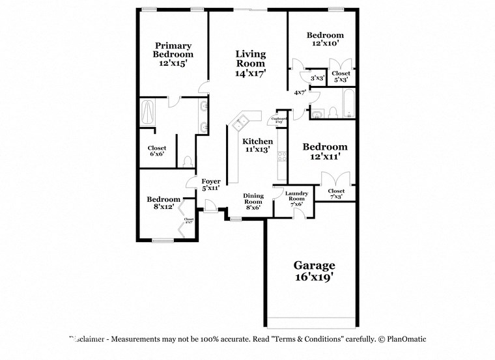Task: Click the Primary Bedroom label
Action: pyautogui.click(x=173, y=50)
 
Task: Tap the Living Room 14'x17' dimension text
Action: pyautogui.click(x=251, y=74)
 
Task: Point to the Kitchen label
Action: pyautogui.click(x=258, y=141)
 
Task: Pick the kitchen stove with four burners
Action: pyautogui.click(x=282, y=156)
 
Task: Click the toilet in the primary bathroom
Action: pyautogui.click(x=188, y=160)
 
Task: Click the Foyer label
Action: pyautogui.click(x=210, y=181)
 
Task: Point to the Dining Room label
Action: pyautogui.click(x=253, y=199)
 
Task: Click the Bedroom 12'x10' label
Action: pyautogui.click(x=325, y=38)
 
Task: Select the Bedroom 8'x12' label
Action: pyautogui.click(x=163, y=202)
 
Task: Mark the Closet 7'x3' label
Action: pyautogui.click(x=336, y=193)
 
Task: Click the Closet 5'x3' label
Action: pyautogui.click(x=341, y=77)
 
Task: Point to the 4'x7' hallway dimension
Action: pyautogui.click(x=300, y=93)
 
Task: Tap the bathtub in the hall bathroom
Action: pyautogui.click(x=348, y=105)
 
